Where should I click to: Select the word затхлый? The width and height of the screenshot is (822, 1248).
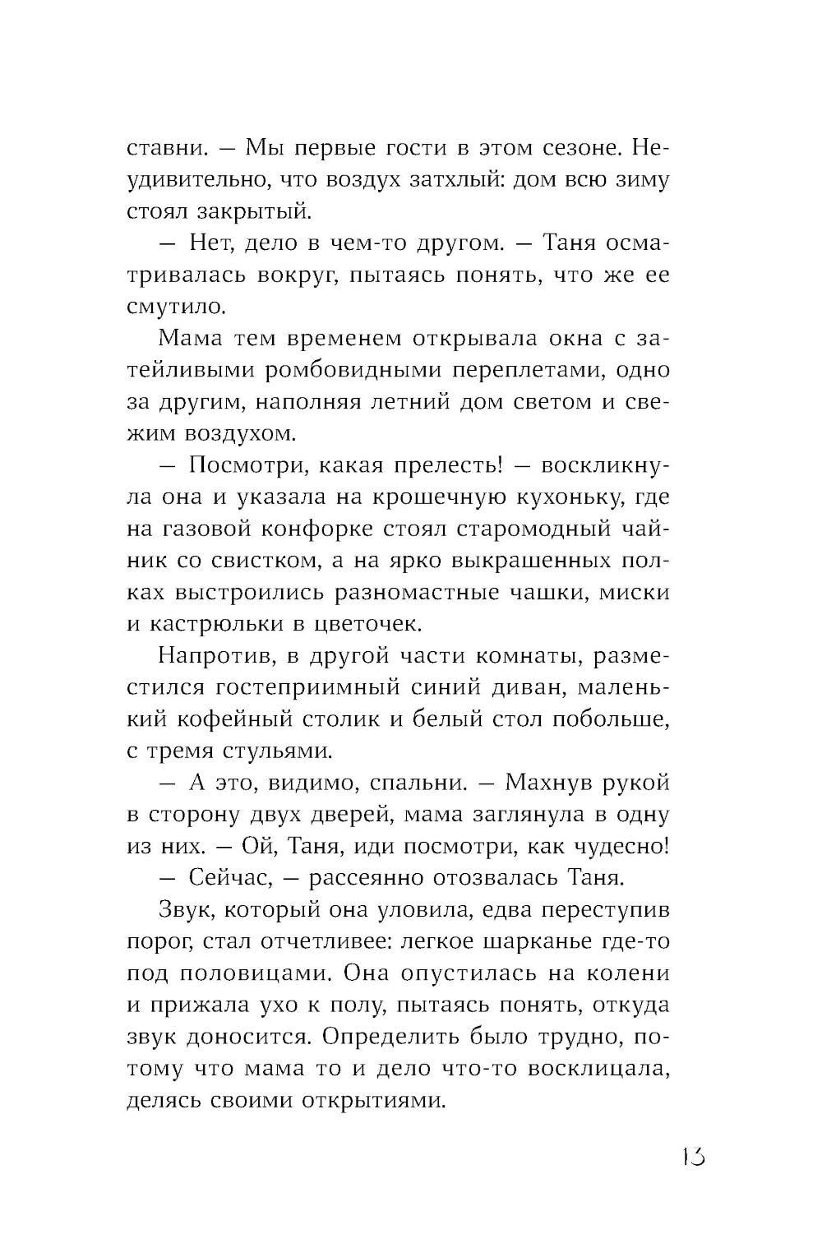447,179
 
